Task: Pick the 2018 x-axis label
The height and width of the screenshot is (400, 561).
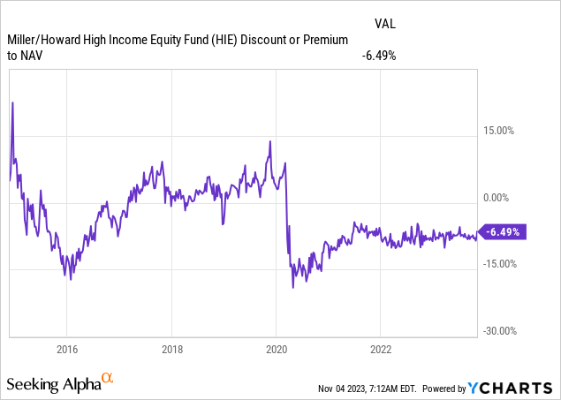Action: click(x=171, y=347)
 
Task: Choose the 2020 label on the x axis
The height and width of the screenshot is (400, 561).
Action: click(x=276, y=347)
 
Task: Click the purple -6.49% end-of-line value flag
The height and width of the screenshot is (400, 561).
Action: click(x=504, y=232)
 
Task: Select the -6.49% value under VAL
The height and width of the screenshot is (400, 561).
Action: click(x=377, y=55)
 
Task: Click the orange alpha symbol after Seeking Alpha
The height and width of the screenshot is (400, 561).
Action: click(x=108, y=379)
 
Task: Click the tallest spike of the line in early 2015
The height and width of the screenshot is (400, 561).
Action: click(x=12, y=103)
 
